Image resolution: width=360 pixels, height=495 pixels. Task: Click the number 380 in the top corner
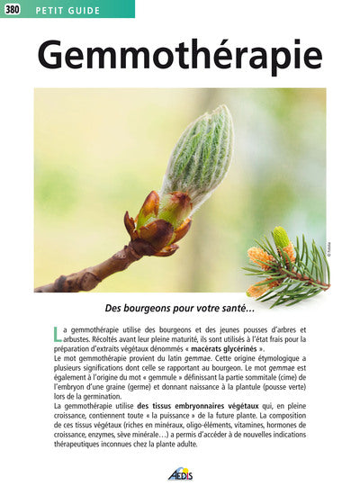pyautogui.click(x=13, y=9)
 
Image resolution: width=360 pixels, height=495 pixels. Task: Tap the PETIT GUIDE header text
pyautogui.click(x=67, y=9)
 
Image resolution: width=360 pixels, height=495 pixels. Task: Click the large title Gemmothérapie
pyautogui.click(x=180, y=56)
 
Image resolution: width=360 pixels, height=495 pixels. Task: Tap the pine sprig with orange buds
pyautogui.click(x=284, y=266)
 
